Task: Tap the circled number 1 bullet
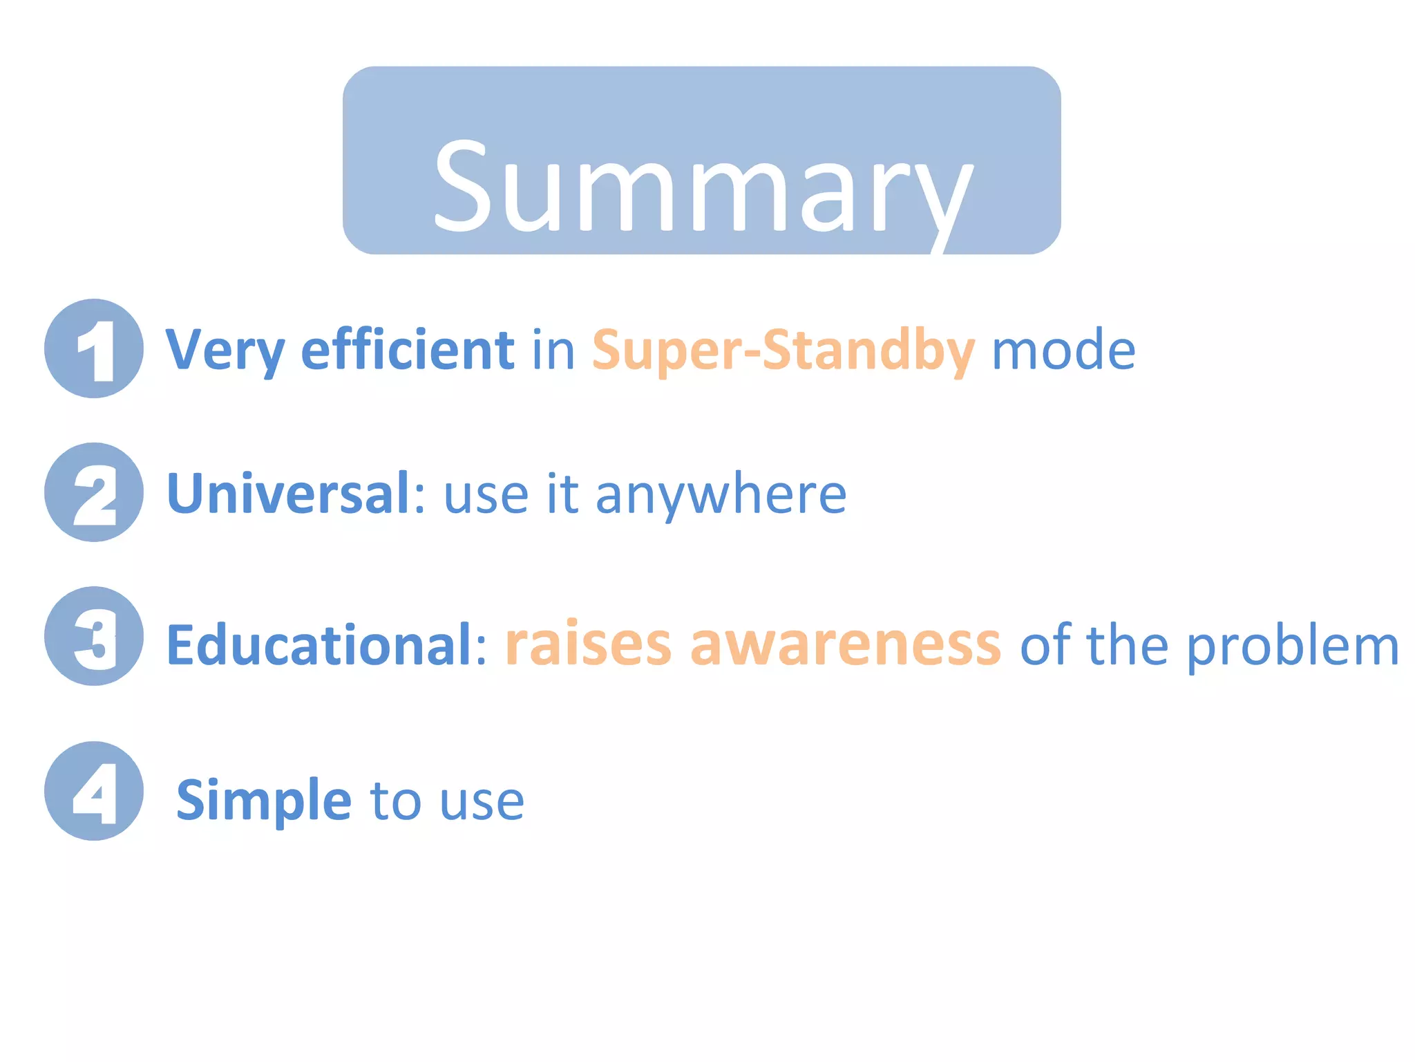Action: pyautogui.click(x=94, y=348)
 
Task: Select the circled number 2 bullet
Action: pyautogui.click(x=94, y=492)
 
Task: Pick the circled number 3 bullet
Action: pyautogui.click(x=94, y=636)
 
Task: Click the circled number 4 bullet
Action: pyautogui.click(x=94, y=791)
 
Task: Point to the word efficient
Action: pyautogui.click(x=408, y=350)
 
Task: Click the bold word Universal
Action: pyautogui.click(x=289, y=494)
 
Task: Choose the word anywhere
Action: pyautogui.click(x=721, y=495)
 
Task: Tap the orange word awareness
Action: pyautogui.click(x=845, y=644)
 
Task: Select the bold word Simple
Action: pyautogui.click(x=264, y=801)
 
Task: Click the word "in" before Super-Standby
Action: pyautogui.click(x=553, y=350)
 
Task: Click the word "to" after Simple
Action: pyautogui.click(x=395, y=801)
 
